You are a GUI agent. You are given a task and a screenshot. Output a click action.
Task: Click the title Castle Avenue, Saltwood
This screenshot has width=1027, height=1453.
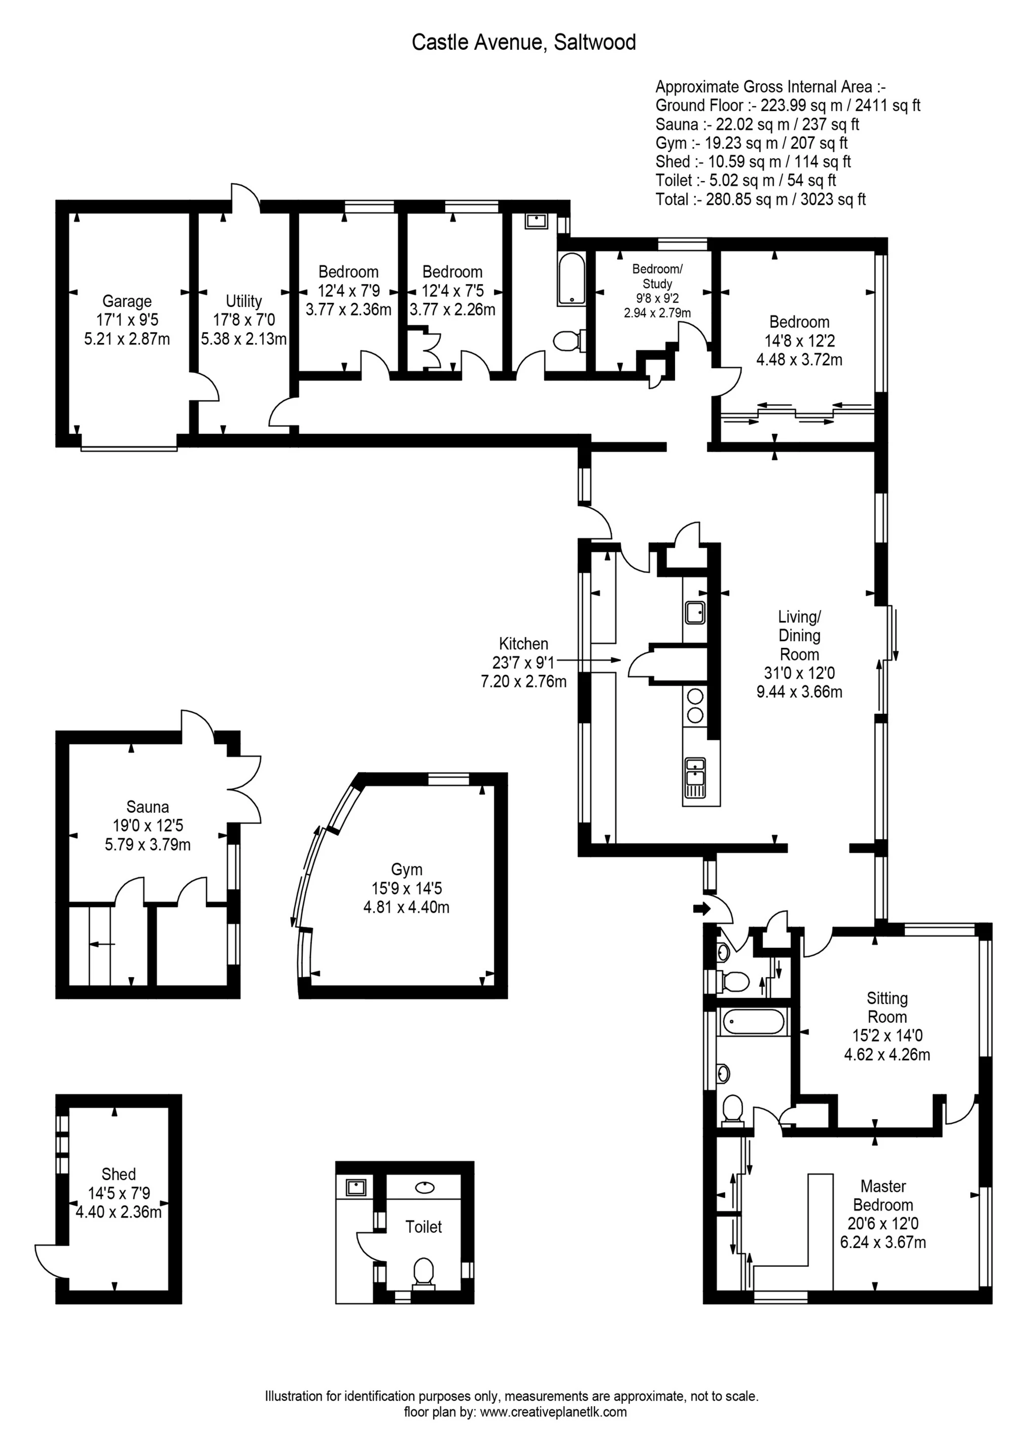pos(523,43)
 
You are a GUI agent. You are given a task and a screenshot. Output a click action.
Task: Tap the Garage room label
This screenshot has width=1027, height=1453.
pos(127,301)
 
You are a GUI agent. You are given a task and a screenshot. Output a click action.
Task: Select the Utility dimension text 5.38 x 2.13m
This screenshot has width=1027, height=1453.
pos(243,339)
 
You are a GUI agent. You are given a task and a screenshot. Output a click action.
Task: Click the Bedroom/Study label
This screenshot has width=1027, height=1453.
pos(657,276)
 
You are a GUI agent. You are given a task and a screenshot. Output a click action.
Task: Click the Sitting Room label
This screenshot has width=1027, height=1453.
pos(887,1008)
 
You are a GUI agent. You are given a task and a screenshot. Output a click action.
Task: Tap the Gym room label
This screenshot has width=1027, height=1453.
pos(406,870)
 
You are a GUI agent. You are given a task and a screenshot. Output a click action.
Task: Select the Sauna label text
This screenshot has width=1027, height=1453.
pos(148,807)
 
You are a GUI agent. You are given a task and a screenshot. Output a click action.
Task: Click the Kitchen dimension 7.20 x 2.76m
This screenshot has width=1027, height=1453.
pos(523,681)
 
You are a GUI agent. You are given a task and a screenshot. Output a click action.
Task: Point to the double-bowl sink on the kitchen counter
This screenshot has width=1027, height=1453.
pos(695,778)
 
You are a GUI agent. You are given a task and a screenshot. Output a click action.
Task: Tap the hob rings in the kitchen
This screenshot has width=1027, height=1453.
pos(695,706)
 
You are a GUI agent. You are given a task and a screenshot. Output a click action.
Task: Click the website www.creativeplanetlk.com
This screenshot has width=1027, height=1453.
pos(553,1412)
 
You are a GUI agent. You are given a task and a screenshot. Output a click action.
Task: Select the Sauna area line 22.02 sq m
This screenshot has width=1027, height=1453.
pos(757,125)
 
